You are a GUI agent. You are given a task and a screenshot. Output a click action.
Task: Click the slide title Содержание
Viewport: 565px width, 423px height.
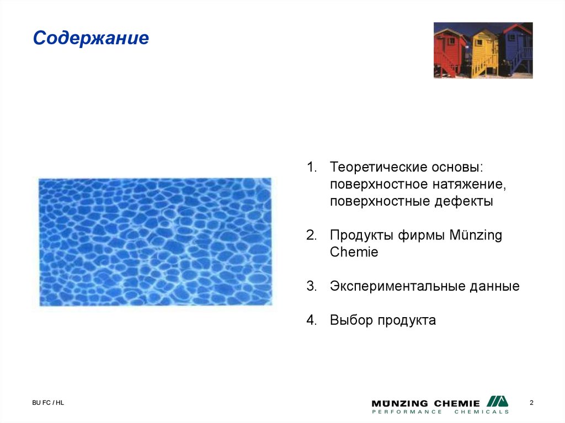pyautogui.click(x=91, y=39)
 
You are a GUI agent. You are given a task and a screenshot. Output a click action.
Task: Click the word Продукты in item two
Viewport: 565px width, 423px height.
pyautogui.click(x=361, y=235)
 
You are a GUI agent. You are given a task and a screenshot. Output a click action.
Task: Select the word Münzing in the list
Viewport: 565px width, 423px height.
pyautogui.click(x=476, y=235)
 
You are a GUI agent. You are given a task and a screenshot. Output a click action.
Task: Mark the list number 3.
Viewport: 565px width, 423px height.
pyautogui.click(x=311, y=287)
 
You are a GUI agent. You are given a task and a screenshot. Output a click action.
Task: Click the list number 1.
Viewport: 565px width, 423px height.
pyautogui.click(x=311, y=167)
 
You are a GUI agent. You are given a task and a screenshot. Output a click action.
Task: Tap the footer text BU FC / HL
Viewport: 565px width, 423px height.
pyautogui.click(x=47, y=403)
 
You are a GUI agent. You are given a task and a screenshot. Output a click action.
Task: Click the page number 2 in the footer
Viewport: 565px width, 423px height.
pyautogui.click(x=531, y=403)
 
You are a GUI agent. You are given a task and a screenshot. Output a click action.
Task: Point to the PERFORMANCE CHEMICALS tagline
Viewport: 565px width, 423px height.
pyautogui.click(x=440, y=412)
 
